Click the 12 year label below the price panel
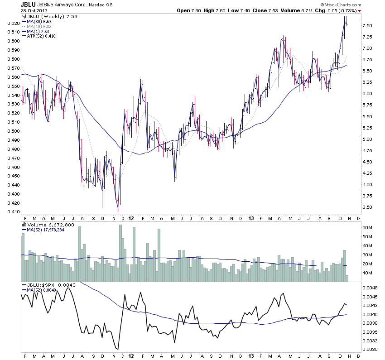[x=130, y=217]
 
